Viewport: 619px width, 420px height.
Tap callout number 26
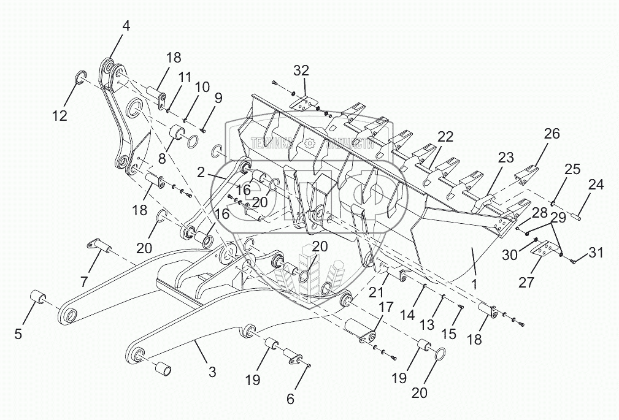[552, 134]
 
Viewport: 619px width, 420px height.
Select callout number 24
[596, 184]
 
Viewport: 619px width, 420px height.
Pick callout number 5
[18, 334]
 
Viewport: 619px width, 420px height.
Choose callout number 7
[85, 282]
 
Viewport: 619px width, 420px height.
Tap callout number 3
[212, 372]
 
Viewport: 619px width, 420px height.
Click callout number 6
[290, 399]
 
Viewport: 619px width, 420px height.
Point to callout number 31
[596, 251]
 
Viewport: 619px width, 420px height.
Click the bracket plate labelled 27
[546, 251]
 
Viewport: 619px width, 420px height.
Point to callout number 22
[445, 136]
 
